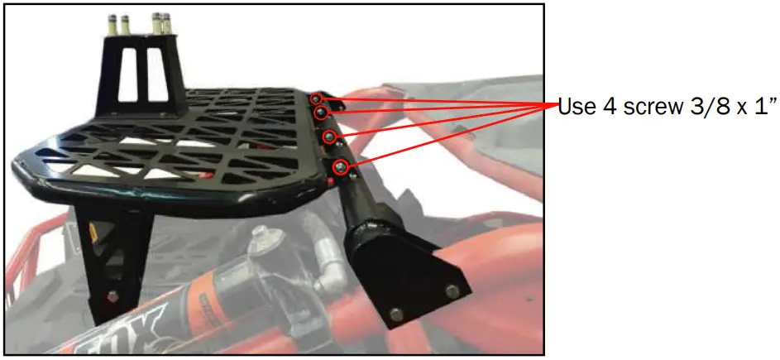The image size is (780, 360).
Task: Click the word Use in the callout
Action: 577,107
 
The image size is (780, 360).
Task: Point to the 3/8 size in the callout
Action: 708,107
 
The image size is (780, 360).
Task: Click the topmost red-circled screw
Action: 317,99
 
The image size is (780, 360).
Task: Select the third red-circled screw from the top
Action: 329,136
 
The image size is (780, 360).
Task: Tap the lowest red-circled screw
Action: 340,168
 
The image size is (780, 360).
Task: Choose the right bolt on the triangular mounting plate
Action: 452,290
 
